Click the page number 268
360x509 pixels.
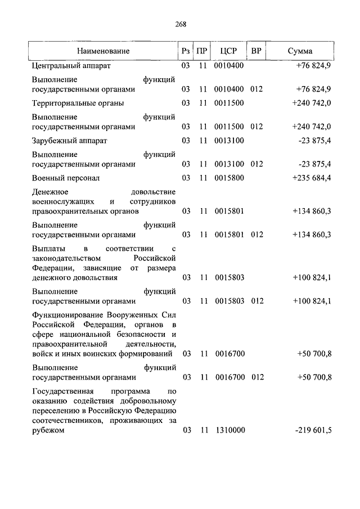[x=179, y=24]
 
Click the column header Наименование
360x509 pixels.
[x=103, y=51]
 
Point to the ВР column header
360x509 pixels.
[x=256, y=51]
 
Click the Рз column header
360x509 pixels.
[x=185, y=51]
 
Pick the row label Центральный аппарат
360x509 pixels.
[x=71, y=66]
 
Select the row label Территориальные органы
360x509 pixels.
[x=78, y=103]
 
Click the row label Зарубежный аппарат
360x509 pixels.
[x=70, y=140]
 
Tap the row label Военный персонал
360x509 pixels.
[x=66, y=178]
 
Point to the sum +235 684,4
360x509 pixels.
[x=312, y=178]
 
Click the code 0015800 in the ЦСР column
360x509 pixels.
[x=229, y=178]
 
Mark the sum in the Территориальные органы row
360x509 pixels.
[x=312, y=103]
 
